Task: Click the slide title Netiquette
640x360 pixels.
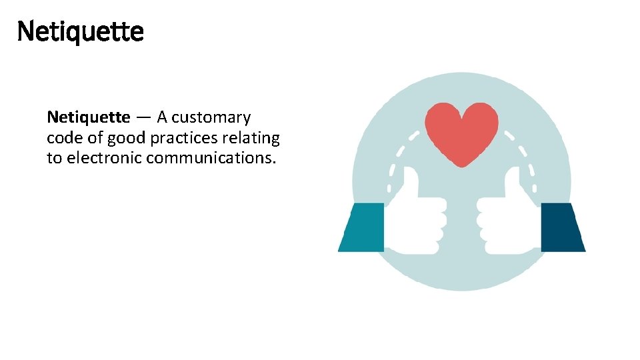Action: click(x=80, y=31)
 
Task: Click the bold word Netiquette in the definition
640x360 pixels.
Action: click(x=89, y=117)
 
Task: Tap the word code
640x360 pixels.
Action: click(x=63, y=138)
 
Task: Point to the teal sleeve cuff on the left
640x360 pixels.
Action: click(x=362, y=227)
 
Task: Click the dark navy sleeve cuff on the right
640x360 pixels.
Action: click(x=562, y=227)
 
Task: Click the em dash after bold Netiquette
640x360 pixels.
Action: click(x=143, y=118)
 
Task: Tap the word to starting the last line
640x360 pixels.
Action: click(x=54, y=159)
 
